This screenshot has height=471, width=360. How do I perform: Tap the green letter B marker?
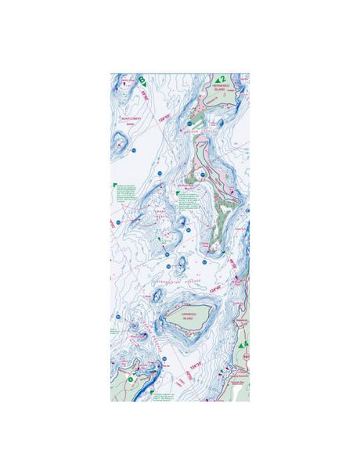[142, 79]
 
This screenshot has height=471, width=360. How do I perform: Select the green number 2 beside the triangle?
[223, 79]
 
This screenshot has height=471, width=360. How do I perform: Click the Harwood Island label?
[190, 318]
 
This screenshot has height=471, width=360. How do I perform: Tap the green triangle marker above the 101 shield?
[243, 343]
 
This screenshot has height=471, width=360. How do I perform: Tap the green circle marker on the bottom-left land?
[131, 379]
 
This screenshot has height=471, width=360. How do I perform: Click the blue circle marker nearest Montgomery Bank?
[134, 149]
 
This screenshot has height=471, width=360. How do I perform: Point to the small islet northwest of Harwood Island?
[157, 296]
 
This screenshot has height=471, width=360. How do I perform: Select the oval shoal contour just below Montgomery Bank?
[120, 143]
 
